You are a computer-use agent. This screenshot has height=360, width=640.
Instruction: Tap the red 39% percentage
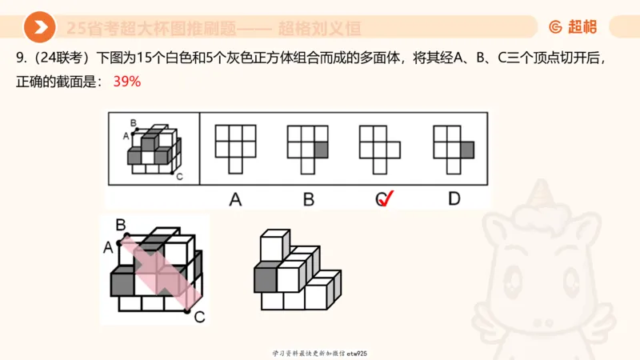[127, 82]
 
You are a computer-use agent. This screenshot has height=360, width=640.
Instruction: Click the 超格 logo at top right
[573, 27]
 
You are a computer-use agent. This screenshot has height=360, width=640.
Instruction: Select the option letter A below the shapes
[235, 198]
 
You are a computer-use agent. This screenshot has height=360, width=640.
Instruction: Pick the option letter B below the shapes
[308, 198]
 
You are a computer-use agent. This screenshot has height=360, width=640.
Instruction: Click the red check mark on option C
[389, 198]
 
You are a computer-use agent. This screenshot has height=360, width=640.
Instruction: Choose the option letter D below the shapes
[454, 198]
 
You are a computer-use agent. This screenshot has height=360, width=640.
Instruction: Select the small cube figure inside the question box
[154, 150]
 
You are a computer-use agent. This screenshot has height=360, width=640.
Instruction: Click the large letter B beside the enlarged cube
[120, 225]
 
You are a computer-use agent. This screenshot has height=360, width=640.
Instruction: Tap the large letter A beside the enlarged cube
[108, 247]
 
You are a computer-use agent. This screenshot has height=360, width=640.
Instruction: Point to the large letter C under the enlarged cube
[199, 318]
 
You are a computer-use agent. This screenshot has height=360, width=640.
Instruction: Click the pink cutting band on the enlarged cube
[156, 272]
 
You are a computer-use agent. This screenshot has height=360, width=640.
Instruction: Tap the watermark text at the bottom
[320, 352]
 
